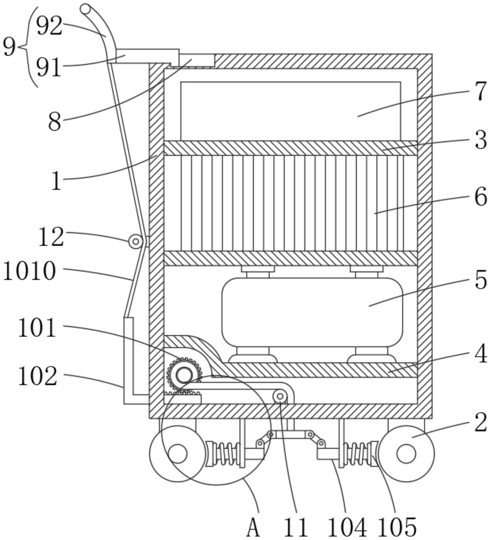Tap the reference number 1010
[x=29, y=271]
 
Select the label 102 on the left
[x=37, y=376]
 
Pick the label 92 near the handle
[x=49, y=26]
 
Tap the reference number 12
[x=51, y=237]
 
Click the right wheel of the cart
[x=406, y=453]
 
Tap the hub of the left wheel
[x=178, y=454]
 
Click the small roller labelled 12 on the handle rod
[x=135, y=241]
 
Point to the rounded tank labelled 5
[x=312, y=312]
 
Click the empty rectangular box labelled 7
[x=291, y=111]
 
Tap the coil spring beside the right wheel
[x=359, y=453]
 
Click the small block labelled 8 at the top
[x=197, y=60]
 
